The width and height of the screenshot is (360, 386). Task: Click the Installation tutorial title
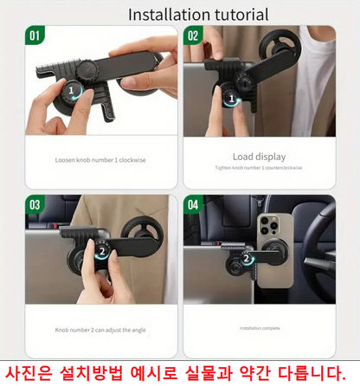[x=197, y=15]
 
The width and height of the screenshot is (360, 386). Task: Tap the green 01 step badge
[x=35, y=36]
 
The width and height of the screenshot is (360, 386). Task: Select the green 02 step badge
[x=192, y=36]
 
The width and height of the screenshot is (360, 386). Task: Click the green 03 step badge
[x=35, y=205]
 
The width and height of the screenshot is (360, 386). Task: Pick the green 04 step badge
[x=192, y=205]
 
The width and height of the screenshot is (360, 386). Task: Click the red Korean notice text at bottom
[x=179, y=370]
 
